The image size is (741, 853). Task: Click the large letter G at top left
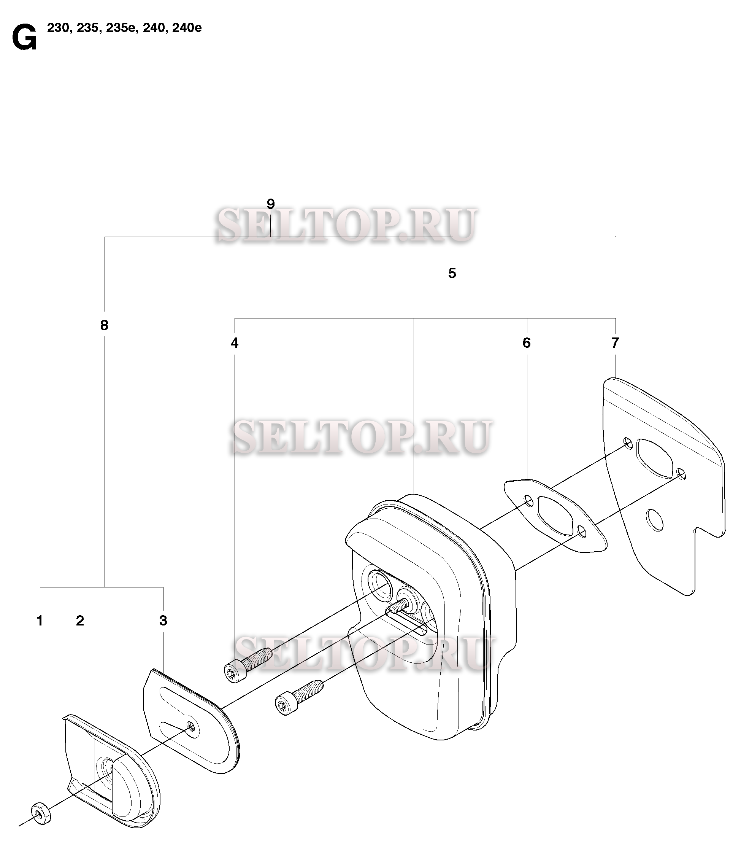click(24, 38)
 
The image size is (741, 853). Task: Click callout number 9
click(270, 204)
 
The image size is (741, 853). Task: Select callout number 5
click(452, 273)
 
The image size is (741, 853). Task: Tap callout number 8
click(104, 325)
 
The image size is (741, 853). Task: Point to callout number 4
click(235, 343)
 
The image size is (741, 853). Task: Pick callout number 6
click(527, 343)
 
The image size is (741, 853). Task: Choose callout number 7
click(615, 343)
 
